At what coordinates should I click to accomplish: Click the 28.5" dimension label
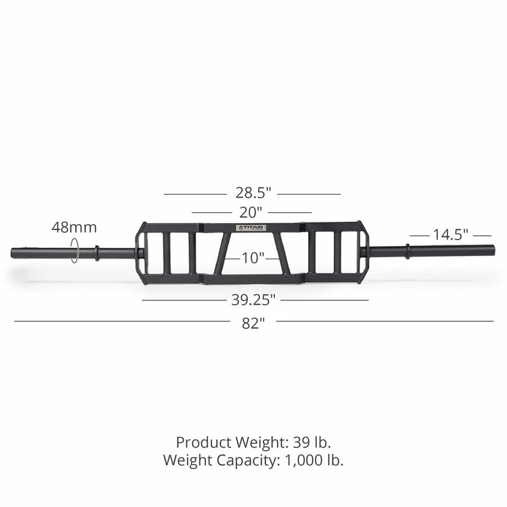pyautogui.click(x=252, y=193)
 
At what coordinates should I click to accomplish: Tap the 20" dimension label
pyautogui.click(x=252, y=212)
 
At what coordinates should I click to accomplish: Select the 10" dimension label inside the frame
pyautogui.click(x=253, y=258)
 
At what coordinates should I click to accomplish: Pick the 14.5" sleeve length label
pyautogui.click(x=450, y=234)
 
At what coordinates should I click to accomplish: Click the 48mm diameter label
pyautogui.click(x=74, y=227)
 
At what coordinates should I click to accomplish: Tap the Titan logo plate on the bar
pyautogui.click(x=252, y=228)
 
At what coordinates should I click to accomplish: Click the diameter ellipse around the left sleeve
pyautogui.click(x=75, y=250)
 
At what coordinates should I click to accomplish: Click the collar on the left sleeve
pyautogui.click(x=97, y=252)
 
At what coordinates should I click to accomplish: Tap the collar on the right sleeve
pyautogui.click(x=408, y=251)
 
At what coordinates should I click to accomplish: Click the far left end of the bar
pyautogui.click(x=13, y=252)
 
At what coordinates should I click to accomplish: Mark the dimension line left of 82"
pyautogui.click(x=120, y=321)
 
